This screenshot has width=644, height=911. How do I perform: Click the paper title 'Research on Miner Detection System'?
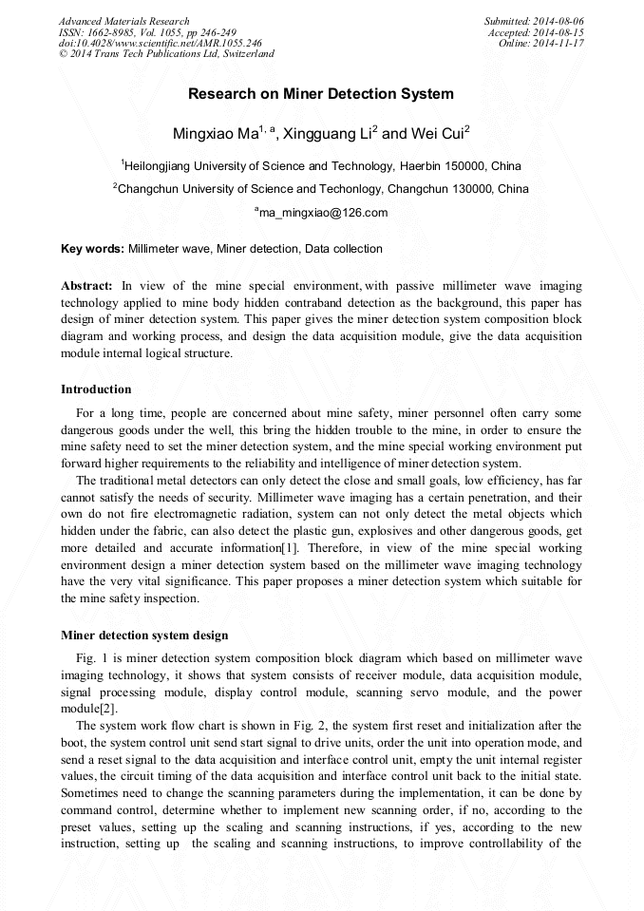pos(321,94)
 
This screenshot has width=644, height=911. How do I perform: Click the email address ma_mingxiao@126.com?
pos(323,213)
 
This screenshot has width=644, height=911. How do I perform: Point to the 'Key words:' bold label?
pos(92,249)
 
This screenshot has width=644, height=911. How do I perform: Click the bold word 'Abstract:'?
pos(87,286)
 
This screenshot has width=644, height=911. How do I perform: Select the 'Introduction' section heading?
pos(96,389)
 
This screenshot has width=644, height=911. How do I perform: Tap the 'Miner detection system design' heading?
pos(144,636)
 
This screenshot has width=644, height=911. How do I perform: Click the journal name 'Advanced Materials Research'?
pos(124,21)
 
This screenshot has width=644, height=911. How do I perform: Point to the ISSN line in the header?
pos(147,32)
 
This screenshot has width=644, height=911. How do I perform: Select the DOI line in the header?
pos(161,44)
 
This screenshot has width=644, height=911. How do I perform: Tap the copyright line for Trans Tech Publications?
pos(166,55)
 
